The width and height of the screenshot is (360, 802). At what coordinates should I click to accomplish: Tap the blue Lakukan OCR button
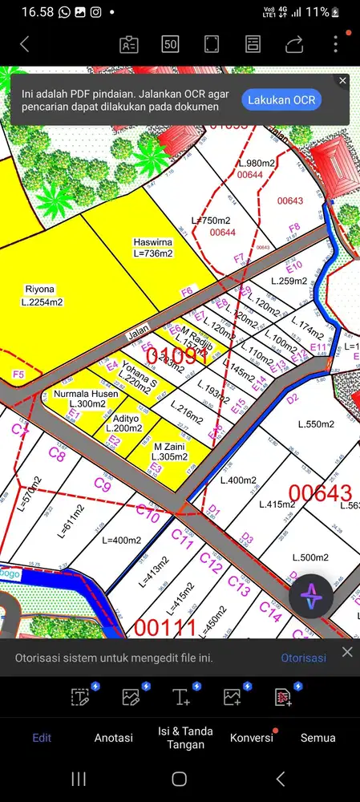click(281, 99)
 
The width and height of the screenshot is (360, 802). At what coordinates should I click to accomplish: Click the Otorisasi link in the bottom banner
click(303, 658)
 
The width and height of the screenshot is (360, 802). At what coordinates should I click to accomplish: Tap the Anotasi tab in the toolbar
click(114, 737)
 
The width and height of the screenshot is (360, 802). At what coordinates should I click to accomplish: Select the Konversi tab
click(251, 737)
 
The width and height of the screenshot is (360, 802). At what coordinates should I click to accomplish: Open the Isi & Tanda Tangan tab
click(180, 736)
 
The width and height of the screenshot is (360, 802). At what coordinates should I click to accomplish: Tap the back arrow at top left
click(25, 44)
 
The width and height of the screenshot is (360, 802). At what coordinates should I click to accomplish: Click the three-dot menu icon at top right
click(335, 44)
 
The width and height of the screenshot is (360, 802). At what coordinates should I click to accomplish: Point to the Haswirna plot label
click(153, 241)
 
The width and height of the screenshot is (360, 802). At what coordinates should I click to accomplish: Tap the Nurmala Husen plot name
click(86, 394)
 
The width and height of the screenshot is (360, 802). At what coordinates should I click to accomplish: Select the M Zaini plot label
click(171, 446)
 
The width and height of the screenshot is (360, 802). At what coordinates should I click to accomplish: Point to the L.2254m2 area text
click(42, 302)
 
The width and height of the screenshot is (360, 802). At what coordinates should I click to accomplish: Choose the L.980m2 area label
click(257, 164)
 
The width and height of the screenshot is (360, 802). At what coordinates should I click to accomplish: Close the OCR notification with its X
click(342, 81)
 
